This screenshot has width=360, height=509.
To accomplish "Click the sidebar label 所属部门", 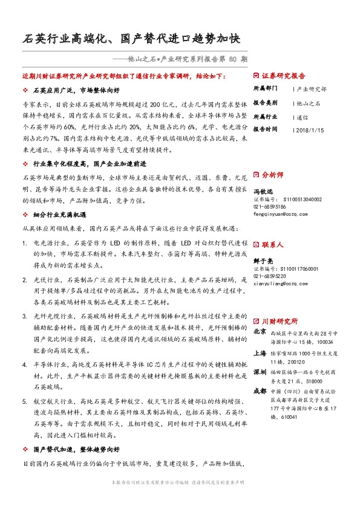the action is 264,89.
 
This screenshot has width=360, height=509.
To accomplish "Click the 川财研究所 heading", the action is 279,321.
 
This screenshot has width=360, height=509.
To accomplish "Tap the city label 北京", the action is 260,332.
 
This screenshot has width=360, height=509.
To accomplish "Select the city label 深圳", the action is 260,371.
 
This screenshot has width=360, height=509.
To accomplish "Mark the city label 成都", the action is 260,391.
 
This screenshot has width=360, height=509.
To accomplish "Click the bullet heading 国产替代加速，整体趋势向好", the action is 80,450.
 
